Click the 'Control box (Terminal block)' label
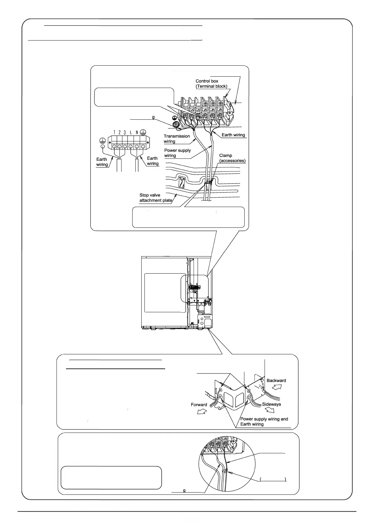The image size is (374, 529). coord(211,84)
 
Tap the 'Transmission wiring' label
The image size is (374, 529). coord(176,139)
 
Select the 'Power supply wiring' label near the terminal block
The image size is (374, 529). coord(177,153)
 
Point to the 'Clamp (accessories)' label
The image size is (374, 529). coord(232,158)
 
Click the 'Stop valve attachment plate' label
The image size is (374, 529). coord(156,198)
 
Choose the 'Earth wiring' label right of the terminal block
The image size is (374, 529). coord(233,135)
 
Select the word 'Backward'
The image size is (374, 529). coord(276,380)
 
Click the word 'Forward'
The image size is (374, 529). coord(199,405)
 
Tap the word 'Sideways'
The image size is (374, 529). coord(271,404)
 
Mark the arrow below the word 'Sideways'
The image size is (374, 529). coord(269,411)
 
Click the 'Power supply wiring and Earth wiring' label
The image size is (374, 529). coord(264,421)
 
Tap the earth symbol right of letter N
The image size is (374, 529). coord(143,132)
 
